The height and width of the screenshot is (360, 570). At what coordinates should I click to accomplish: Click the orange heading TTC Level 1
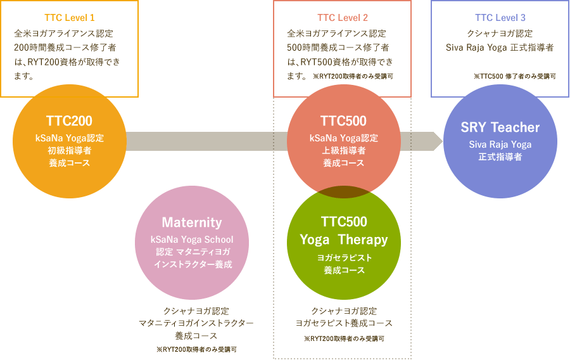point(70,17)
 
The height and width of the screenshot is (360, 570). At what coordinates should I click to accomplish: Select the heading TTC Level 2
point(342,17)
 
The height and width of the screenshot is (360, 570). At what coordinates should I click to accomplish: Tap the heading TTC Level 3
point(500,17)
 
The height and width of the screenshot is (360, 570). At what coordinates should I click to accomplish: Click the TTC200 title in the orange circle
point(69,121)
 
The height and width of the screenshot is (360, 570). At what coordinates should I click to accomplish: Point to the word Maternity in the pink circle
point(192,222)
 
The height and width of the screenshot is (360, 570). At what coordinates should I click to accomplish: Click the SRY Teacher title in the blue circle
point(500,127)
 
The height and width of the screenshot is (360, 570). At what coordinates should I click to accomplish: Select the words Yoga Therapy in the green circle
point(343,240)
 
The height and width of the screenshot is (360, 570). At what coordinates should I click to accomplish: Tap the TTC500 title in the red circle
point(343,121)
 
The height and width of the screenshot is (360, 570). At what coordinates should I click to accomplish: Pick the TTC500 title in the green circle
point(343,222)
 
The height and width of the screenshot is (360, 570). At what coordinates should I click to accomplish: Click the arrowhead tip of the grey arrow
point(441,141)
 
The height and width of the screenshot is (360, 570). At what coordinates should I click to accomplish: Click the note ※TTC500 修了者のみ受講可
point(514,76)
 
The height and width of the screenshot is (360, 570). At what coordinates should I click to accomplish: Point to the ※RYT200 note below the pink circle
point(196,349)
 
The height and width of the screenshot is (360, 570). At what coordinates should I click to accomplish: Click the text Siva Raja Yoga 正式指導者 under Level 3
point(500,48)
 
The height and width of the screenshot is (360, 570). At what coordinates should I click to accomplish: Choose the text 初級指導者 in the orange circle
point(69,150)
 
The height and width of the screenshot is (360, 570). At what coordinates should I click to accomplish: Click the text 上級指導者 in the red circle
point(343,150)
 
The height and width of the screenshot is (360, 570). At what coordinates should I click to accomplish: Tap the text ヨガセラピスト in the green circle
point(343,258)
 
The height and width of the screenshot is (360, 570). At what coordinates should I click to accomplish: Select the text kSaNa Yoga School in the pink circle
point(192,240)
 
